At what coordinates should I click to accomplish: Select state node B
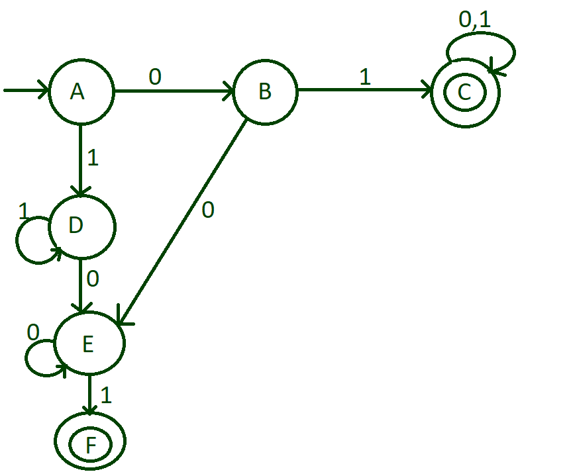click(264, 91)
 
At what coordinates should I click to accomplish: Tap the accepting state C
click(465, 93)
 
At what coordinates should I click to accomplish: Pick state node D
click(80, 226)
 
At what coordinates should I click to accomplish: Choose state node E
click(89, 344)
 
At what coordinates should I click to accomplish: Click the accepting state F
click(90, 443)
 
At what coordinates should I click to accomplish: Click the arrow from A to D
click(80, 159)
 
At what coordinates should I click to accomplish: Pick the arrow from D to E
click(81, 285)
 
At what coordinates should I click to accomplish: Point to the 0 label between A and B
click(154, 77)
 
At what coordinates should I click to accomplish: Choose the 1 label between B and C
click(364, 77)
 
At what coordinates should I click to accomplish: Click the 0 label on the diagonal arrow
click(207, 211)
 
